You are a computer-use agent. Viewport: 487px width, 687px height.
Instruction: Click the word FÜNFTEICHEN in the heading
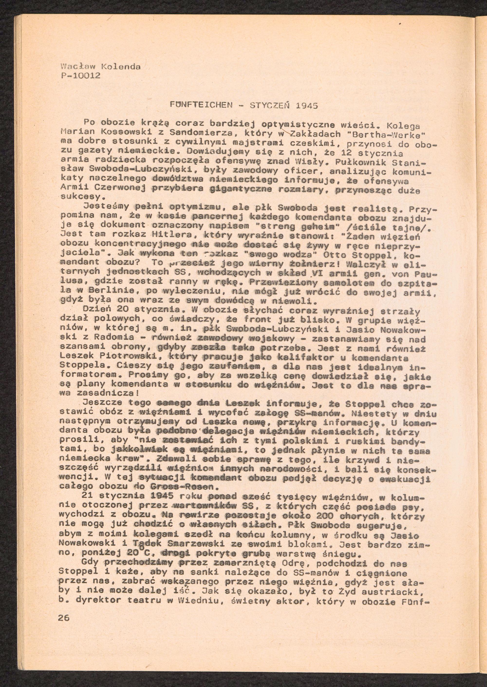tap(201, 105)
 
